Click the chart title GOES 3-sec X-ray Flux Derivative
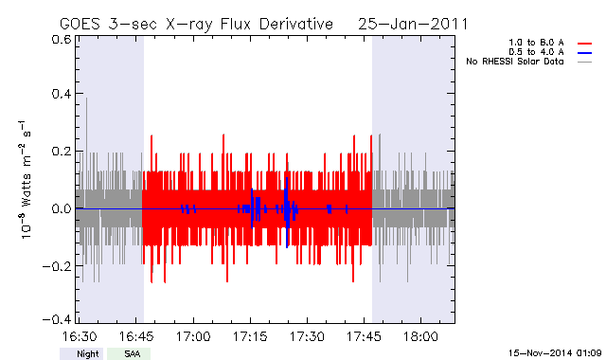pyautogui.click(x=196, y=25)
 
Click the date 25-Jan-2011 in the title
pyautogui.click(x=413, y=24)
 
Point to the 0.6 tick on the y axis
pyautogui.click(x=62, y=39)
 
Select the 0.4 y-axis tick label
pyautogui.click(x=62, y=94)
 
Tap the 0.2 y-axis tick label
pyautogui.click(x=62, y=152)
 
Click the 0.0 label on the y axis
pyautogui.click(x=62, y=208)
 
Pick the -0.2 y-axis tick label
pyautogui.click(x=57, y=266)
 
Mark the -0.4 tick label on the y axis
pyautogui.click(x=57, y=319)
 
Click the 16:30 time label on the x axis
pyautogui.click(x=80, y=336)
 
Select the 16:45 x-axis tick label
pyautogui.click(x=136, y=336)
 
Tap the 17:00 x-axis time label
pyautogui.click(x=193, y=336)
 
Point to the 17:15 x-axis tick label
pyautogui.click(x=250, y=336)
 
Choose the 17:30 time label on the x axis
pyautogui.click(x=307, y=336)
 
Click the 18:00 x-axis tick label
pyautogui.click(x=420, y=336)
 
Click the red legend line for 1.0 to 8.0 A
pyautogui.click(x=585, y=44)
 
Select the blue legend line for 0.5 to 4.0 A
pyautogui.click(x=585, y=53)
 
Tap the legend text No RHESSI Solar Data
pyautogui.click(x=515, y=62)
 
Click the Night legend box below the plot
pyautogui.click(x=81, y=353)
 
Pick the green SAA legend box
pyautogui.click(x=129, y=353)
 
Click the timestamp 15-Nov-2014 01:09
pyautogui.click(x=555, y=353)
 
